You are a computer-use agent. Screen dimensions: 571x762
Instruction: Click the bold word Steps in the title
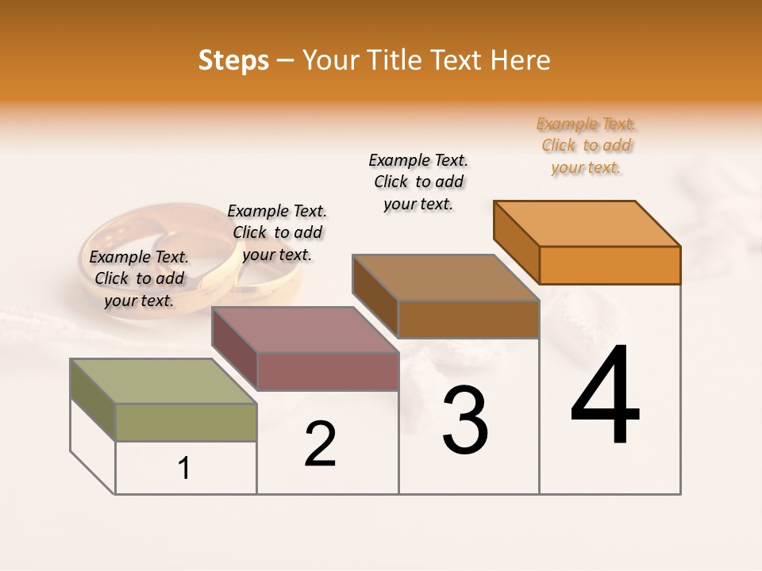233,60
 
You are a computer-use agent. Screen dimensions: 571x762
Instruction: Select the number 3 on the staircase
464,420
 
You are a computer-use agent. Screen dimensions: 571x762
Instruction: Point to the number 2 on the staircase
320,444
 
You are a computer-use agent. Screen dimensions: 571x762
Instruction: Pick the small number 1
184,468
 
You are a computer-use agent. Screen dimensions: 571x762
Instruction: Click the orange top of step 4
587,223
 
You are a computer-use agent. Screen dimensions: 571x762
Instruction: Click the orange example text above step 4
587,146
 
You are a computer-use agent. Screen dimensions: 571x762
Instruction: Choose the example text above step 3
418,182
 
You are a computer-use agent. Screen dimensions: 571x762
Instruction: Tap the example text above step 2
277,232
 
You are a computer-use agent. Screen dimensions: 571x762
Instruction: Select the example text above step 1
139,278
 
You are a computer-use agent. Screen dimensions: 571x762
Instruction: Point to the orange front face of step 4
610,265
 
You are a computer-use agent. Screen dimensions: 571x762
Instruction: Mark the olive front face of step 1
186,422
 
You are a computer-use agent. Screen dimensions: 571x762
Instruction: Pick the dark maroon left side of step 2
235,347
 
